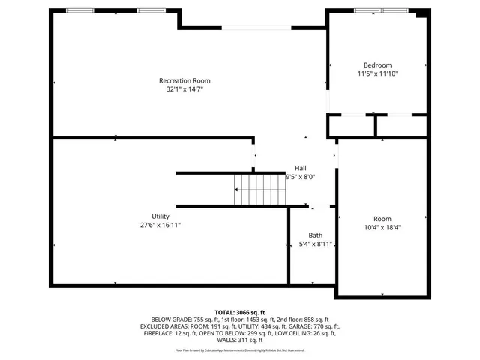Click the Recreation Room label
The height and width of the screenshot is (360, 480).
[184, 80]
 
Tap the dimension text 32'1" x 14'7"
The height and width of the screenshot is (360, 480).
[184, 89]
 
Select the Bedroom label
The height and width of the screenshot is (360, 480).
[377, 65]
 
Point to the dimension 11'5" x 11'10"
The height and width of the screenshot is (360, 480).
[377, 74]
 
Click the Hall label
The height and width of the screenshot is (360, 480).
[300, 168]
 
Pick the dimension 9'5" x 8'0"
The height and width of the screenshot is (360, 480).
[300, 177]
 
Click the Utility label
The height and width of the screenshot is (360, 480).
[160, 216]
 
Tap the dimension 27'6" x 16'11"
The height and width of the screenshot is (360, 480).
[160, 225]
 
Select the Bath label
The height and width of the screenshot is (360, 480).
[315, 235]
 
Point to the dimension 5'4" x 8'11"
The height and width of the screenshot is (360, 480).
[315, 244]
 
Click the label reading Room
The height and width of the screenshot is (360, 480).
[382, 218]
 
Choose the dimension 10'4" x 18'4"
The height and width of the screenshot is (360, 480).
[382, 227]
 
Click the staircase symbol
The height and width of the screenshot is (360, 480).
[259, 189]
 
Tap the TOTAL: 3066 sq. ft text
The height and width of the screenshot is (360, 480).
[240, 312]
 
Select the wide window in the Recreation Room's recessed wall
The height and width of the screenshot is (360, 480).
[256, 28]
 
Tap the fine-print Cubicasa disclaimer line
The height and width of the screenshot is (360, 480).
[240, 349]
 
